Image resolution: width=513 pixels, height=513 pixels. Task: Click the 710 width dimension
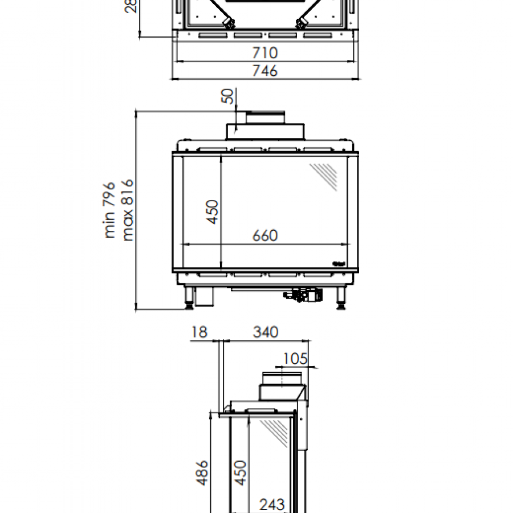click(x=265, y=53)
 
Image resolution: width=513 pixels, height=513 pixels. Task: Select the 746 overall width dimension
click(x=265, y=71)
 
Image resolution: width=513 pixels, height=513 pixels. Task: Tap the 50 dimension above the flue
click(x=229, y=96)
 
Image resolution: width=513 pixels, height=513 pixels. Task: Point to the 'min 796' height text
click(x=110, y=210)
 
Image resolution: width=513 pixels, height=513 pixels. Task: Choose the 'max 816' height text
click(x=127, y=210)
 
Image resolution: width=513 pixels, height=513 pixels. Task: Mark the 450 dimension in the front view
click(x=212, y=211)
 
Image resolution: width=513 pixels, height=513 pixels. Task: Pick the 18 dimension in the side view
click(x=199, y=332)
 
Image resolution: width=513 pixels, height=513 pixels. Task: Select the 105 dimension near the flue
click(x=295, y=359)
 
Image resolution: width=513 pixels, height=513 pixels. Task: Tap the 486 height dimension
click(x=202, y=473)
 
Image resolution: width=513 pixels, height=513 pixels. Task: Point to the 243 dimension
click(x=272, y=504)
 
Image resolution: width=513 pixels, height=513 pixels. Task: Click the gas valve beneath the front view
click(x=305, y=295)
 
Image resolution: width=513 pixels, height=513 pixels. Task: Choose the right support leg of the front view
click(x=342, y=298)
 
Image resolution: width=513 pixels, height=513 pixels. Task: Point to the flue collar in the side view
click(x=283, y=385)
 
